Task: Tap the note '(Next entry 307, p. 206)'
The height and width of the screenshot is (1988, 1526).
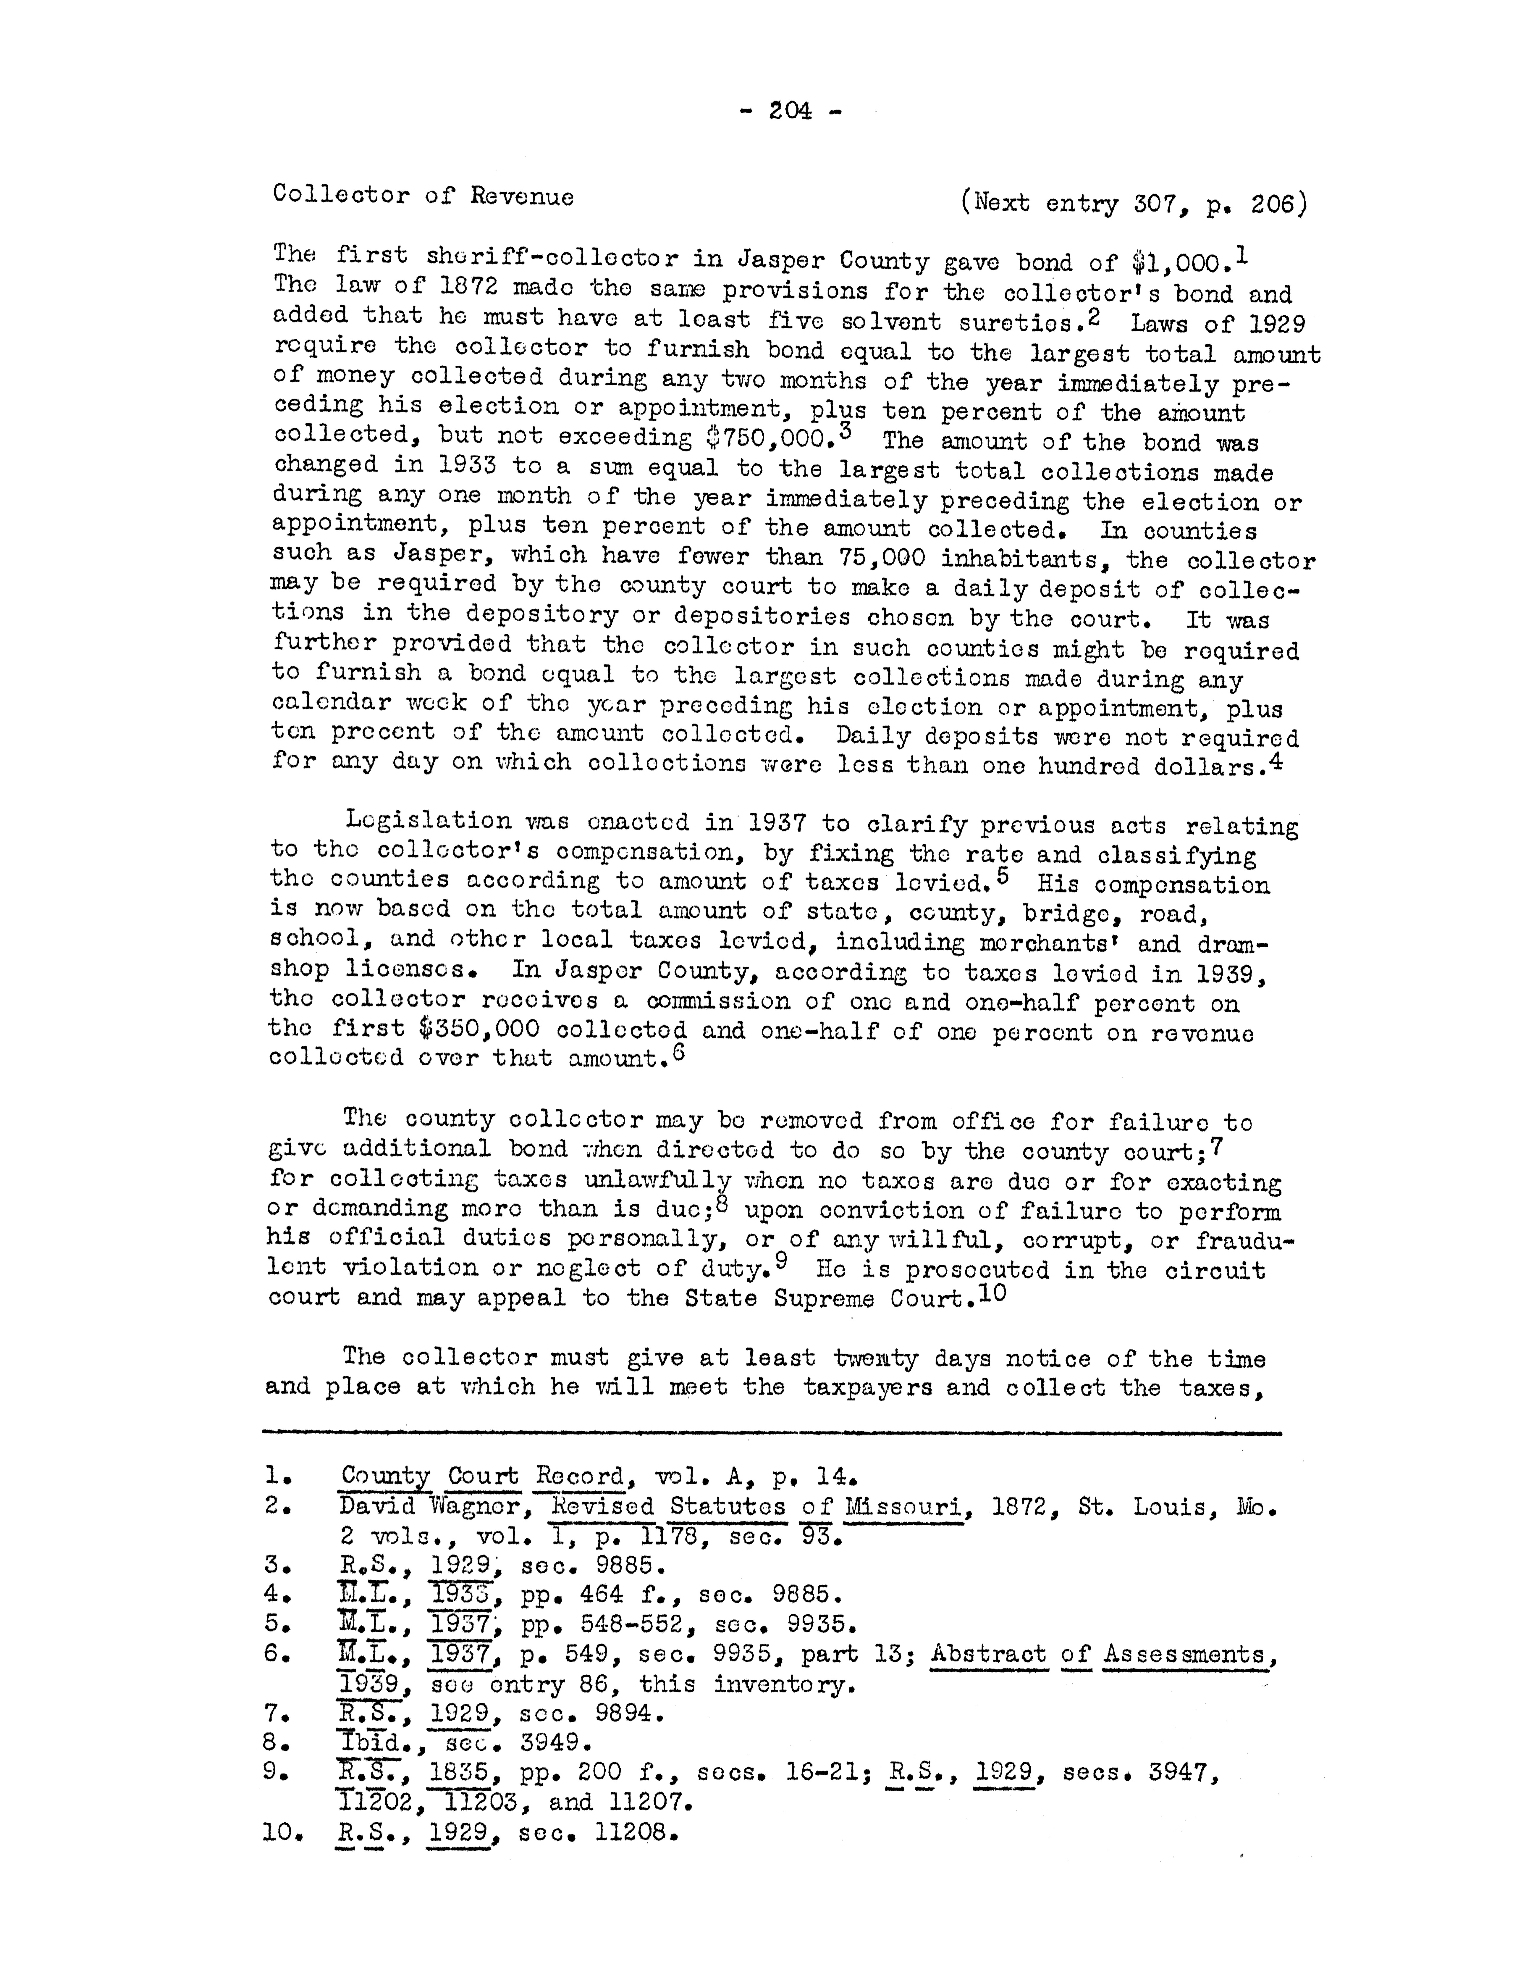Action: click(x=1134, y=203)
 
